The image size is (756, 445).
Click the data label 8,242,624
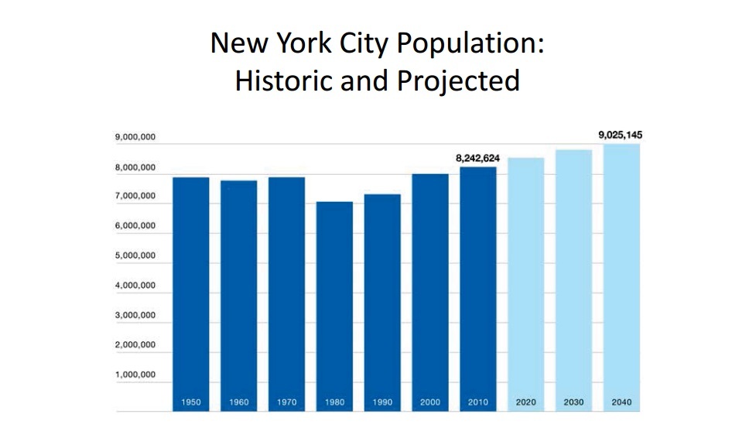[477, 158]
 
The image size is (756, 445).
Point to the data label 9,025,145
[620, 135]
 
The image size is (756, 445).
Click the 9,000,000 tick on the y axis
[135, 138]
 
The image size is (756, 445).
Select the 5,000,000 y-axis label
[135, 256]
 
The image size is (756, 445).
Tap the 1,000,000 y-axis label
[135, 375]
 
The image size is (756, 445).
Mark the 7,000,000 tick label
[135, 197]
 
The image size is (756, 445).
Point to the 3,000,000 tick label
[135, 316]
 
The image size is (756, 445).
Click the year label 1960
[238, 402]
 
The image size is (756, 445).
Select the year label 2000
[430, 402]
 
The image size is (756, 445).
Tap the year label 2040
[621, 402]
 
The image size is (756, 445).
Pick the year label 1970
[286, 402]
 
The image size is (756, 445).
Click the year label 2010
[478, 402]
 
